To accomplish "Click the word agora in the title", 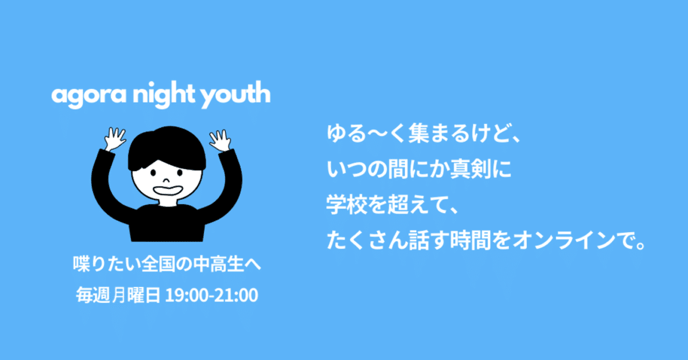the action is (x=89, y=96).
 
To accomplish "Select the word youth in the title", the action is (x=235, y=95).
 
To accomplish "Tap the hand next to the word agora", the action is (x=114, y=139).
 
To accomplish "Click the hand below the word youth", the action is (x=220, y=140).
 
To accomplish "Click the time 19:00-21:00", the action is (x=212, y=295).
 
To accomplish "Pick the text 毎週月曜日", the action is (x=118, y=295).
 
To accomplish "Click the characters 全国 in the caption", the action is (x=158, y=264).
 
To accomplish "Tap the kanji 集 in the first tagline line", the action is (x=419, y=134).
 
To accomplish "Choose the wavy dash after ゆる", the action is (x=377, y=134).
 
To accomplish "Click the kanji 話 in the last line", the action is (x=419, y=241).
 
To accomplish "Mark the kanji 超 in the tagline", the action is (x=398, y=205).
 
